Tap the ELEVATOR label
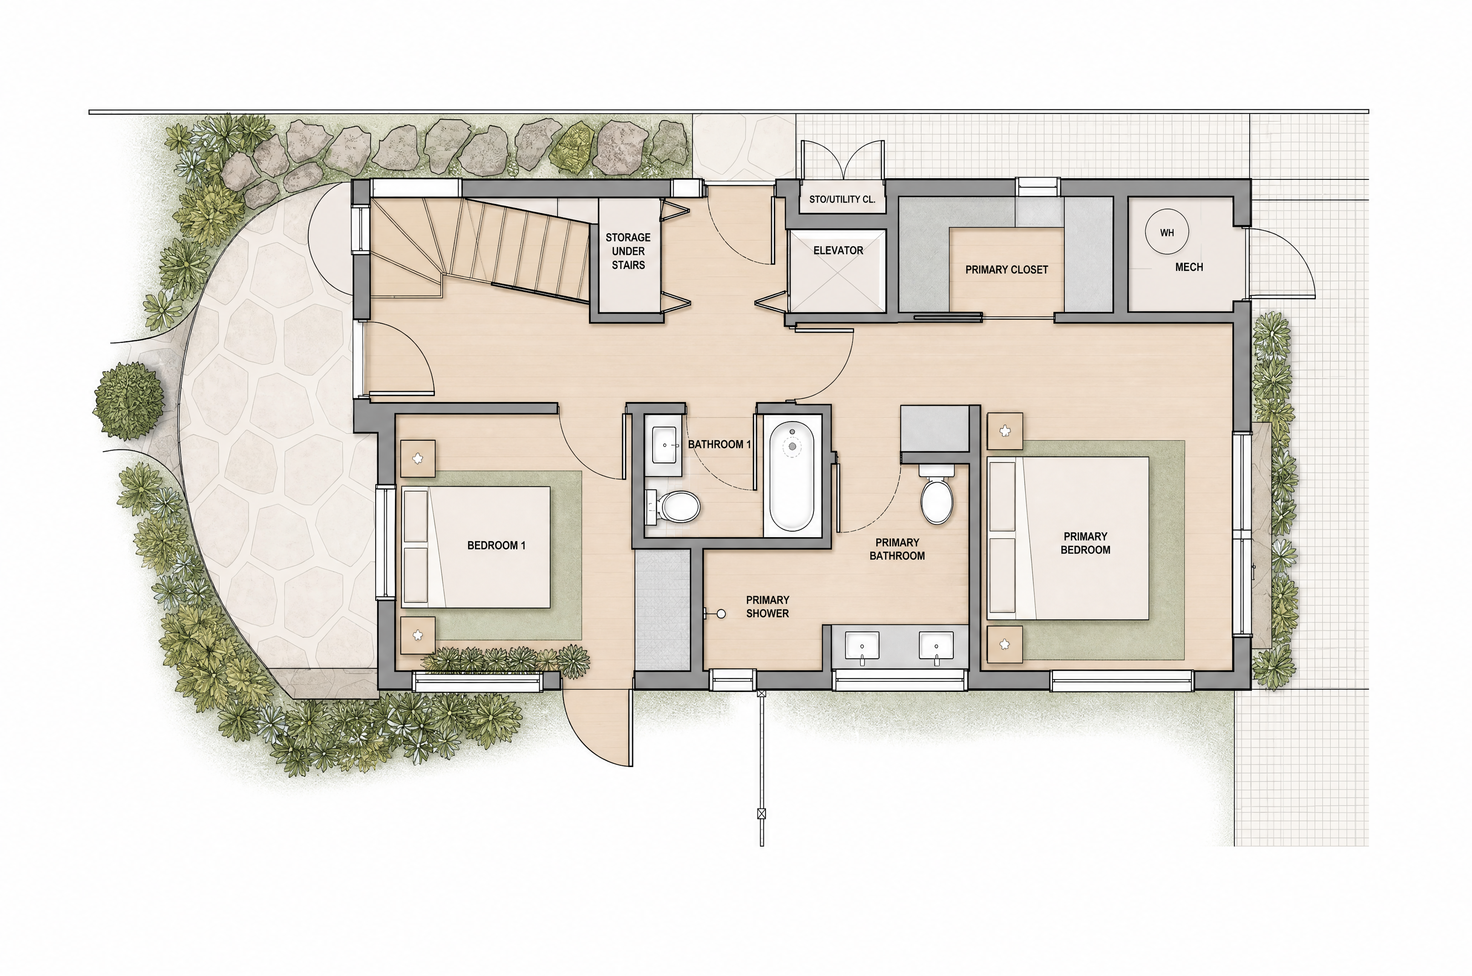click(x=838, y=250)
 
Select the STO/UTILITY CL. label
click(x=842, y=199)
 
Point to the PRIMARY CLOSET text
click(x=1006, y=269)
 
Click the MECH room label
click(x=1189, y=267)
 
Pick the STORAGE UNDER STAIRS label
click(x=628, y=251)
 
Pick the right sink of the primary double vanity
click(x=936, y=646)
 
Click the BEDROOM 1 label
click(x=496, y=545)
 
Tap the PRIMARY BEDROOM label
click(x=1085, y=543)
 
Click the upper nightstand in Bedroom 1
click(x=417, y=459)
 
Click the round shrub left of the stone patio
click(x=129, y=400)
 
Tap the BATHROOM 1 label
click(x=719, y=444)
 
